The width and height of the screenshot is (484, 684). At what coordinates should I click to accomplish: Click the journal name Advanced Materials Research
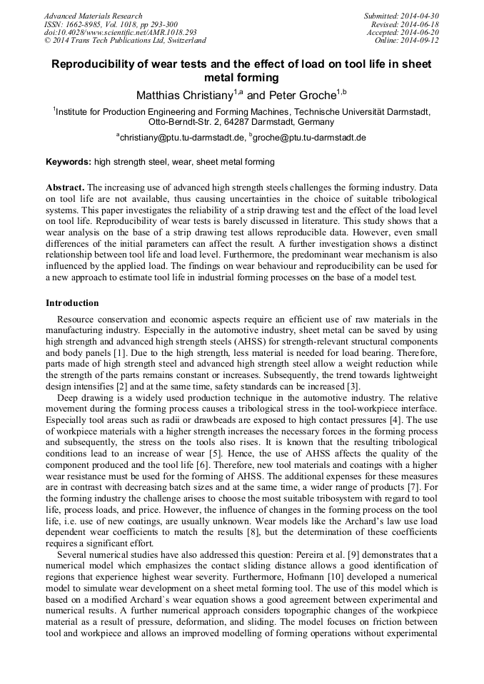pos(93,16)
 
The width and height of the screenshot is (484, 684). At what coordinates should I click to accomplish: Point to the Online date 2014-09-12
pos(421,41)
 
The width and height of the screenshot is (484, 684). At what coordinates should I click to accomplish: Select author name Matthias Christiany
pos(184,95)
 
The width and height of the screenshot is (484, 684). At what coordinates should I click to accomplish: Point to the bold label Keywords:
pos(69,162)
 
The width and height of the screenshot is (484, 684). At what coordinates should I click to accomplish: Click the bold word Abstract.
pos(65,187)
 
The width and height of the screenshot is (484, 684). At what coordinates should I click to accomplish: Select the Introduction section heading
pos(72,303)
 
